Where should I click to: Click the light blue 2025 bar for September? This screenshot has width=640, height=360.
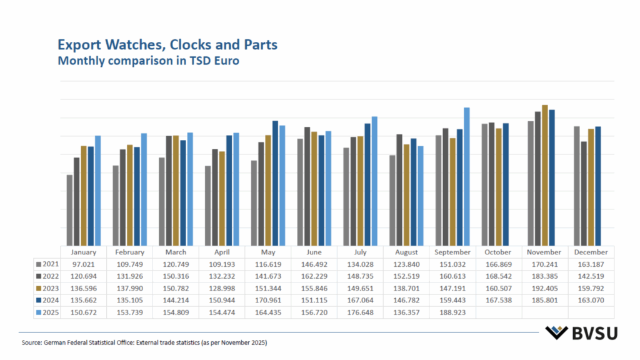tap(466, 176)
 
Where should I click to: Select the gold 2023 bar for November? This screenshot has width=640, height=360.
tap(545, 175)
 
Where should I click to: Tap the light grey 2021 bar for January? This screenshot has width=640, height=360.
tap(69, 210)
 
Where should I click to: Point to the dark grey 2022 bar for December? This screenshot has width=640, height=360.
tap(584, 193)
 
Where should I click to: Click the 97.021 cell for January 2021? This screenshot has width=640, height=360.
tap(84, 264)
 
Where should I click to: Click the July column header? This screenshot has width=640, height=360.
tap(361, 252)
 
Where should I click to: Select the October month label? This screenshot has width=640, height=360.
tap(499, 252)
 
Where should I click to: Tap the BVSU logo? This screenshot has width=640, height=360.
tap(581, 332)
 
